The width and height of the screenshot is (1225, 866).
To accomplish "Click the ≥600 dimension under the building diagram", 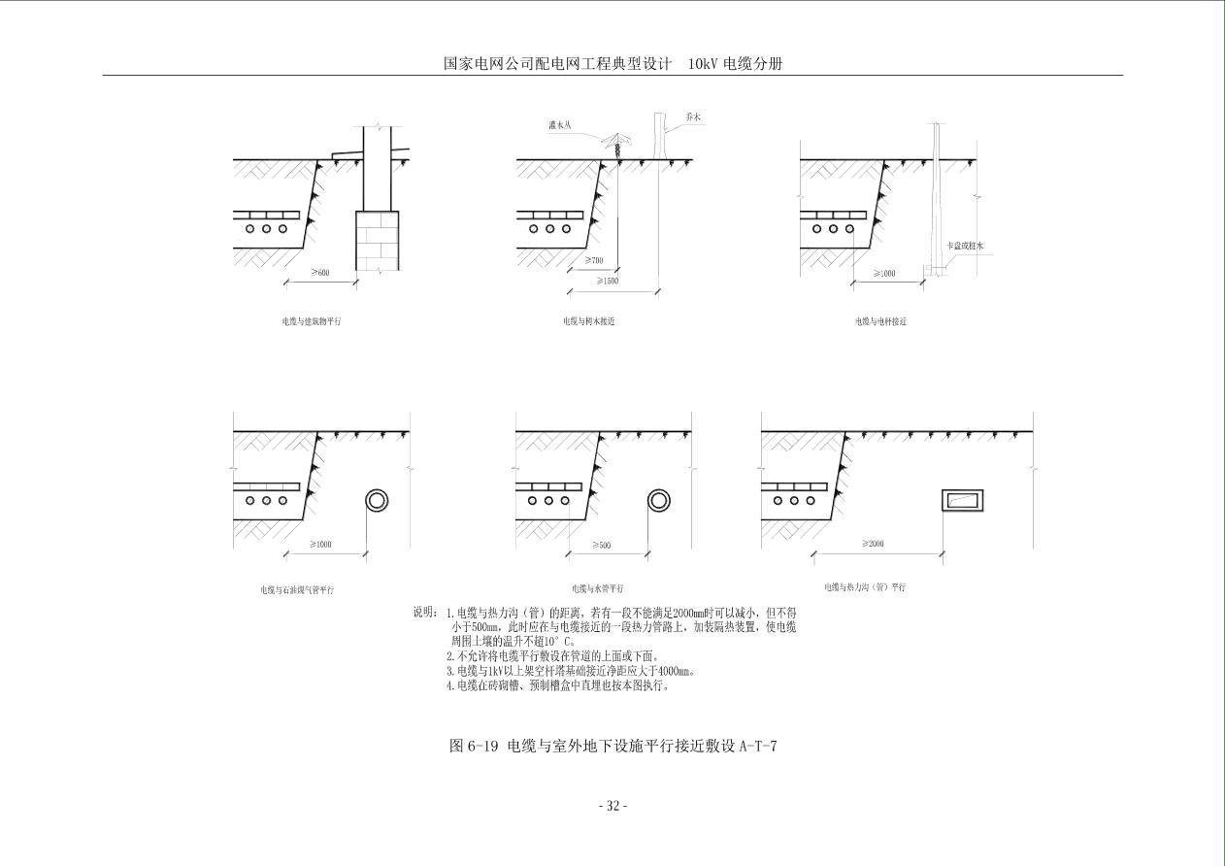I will [x=320, y=273].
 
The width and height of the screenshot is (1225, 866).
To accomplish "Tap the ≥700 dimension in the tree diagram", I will [x=594, y=260].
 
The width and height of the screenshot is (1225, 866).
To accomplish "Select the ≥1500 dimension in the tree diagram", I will [x=609, y=281].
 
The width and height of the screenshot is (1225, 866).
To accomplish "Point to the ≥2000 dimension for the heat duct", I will [x=873, y=544].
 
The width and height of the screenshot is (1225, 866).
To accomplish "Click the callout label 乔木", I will [x=692, y=117].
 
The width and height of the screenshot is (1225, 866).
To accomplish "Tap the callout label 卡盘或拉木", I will [x=966, y=247].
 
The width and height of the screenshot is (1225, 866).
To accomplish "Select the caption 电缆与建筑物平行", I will [x=312, y=320].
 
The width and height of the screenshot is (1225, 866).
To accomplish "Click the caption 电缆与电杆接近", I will [x=880, y=320].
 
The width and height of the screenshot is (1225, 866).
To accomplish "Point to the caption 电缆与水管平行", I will [x=598, y=588].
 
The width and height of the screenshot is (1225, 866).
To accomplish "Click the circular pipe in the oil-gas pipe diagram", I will [x=377, y=501].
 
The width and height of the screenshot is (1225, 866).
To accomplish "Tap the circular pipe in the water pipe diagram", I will [x=658, y=501].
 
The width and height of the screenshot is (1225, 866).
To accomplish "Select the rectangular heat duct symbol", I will [x=962, y=501].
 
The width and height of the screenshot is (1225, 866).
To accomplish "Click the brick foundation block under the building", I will [x=376, y=240].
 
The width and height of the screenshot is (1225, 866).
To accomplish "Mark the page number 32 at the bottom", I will [x=612, y=806].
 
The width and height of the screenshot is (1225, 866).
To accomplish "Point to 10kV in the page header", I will [x=703, y=64].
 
